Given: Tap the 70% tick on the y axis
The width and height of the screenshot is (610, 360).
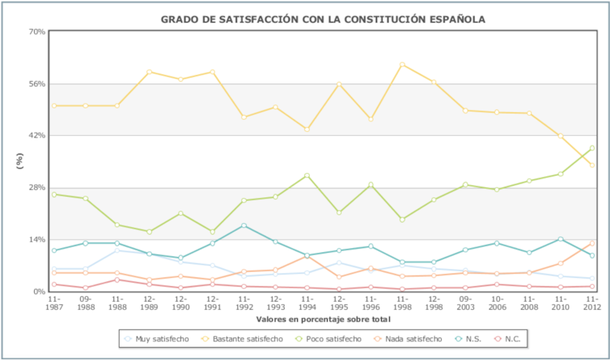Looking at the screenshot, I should [x=37, y=32].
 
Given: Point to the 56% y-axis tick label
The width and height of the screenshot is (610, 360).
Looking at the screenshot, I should [x=37, y=83].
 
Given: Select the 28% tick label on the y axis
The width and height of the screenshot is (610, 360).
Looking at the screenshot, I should [x=37, y=188].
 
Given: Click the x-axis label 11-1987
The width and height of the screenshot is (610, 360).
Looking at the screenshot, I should [x=53, y=303].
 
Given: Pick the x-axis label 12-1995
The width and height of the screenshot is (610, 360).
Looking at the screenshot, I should [x=339, y=303].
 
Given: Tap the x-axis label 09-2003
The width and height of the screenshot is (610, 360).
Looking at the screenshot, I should [x=465, y=303].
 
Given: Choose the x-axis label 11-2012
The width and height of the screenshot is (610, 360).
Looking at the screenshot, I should [x=592, y=303].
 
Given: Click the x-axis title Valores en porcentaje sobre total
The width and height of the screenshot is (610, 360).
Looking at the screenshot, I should [x=323, y=319].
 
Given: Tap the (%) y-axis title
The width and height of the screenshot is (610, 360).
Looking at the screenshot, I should [x=19, y=160].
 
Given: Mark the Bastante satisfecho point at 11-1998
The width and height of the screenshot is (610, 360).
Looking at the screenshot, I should [x=402, y=65].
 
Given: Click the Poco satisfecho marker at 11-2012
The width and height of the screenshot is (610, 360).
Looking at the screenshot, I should [x=592, y=148].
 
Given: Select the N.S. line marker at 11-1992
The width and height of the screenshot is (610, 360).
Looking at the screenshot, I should [x=244, y=226].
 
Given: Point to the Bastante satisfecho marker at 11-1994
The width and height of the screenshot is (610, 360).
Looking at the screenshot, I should [x=307, y=129].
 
